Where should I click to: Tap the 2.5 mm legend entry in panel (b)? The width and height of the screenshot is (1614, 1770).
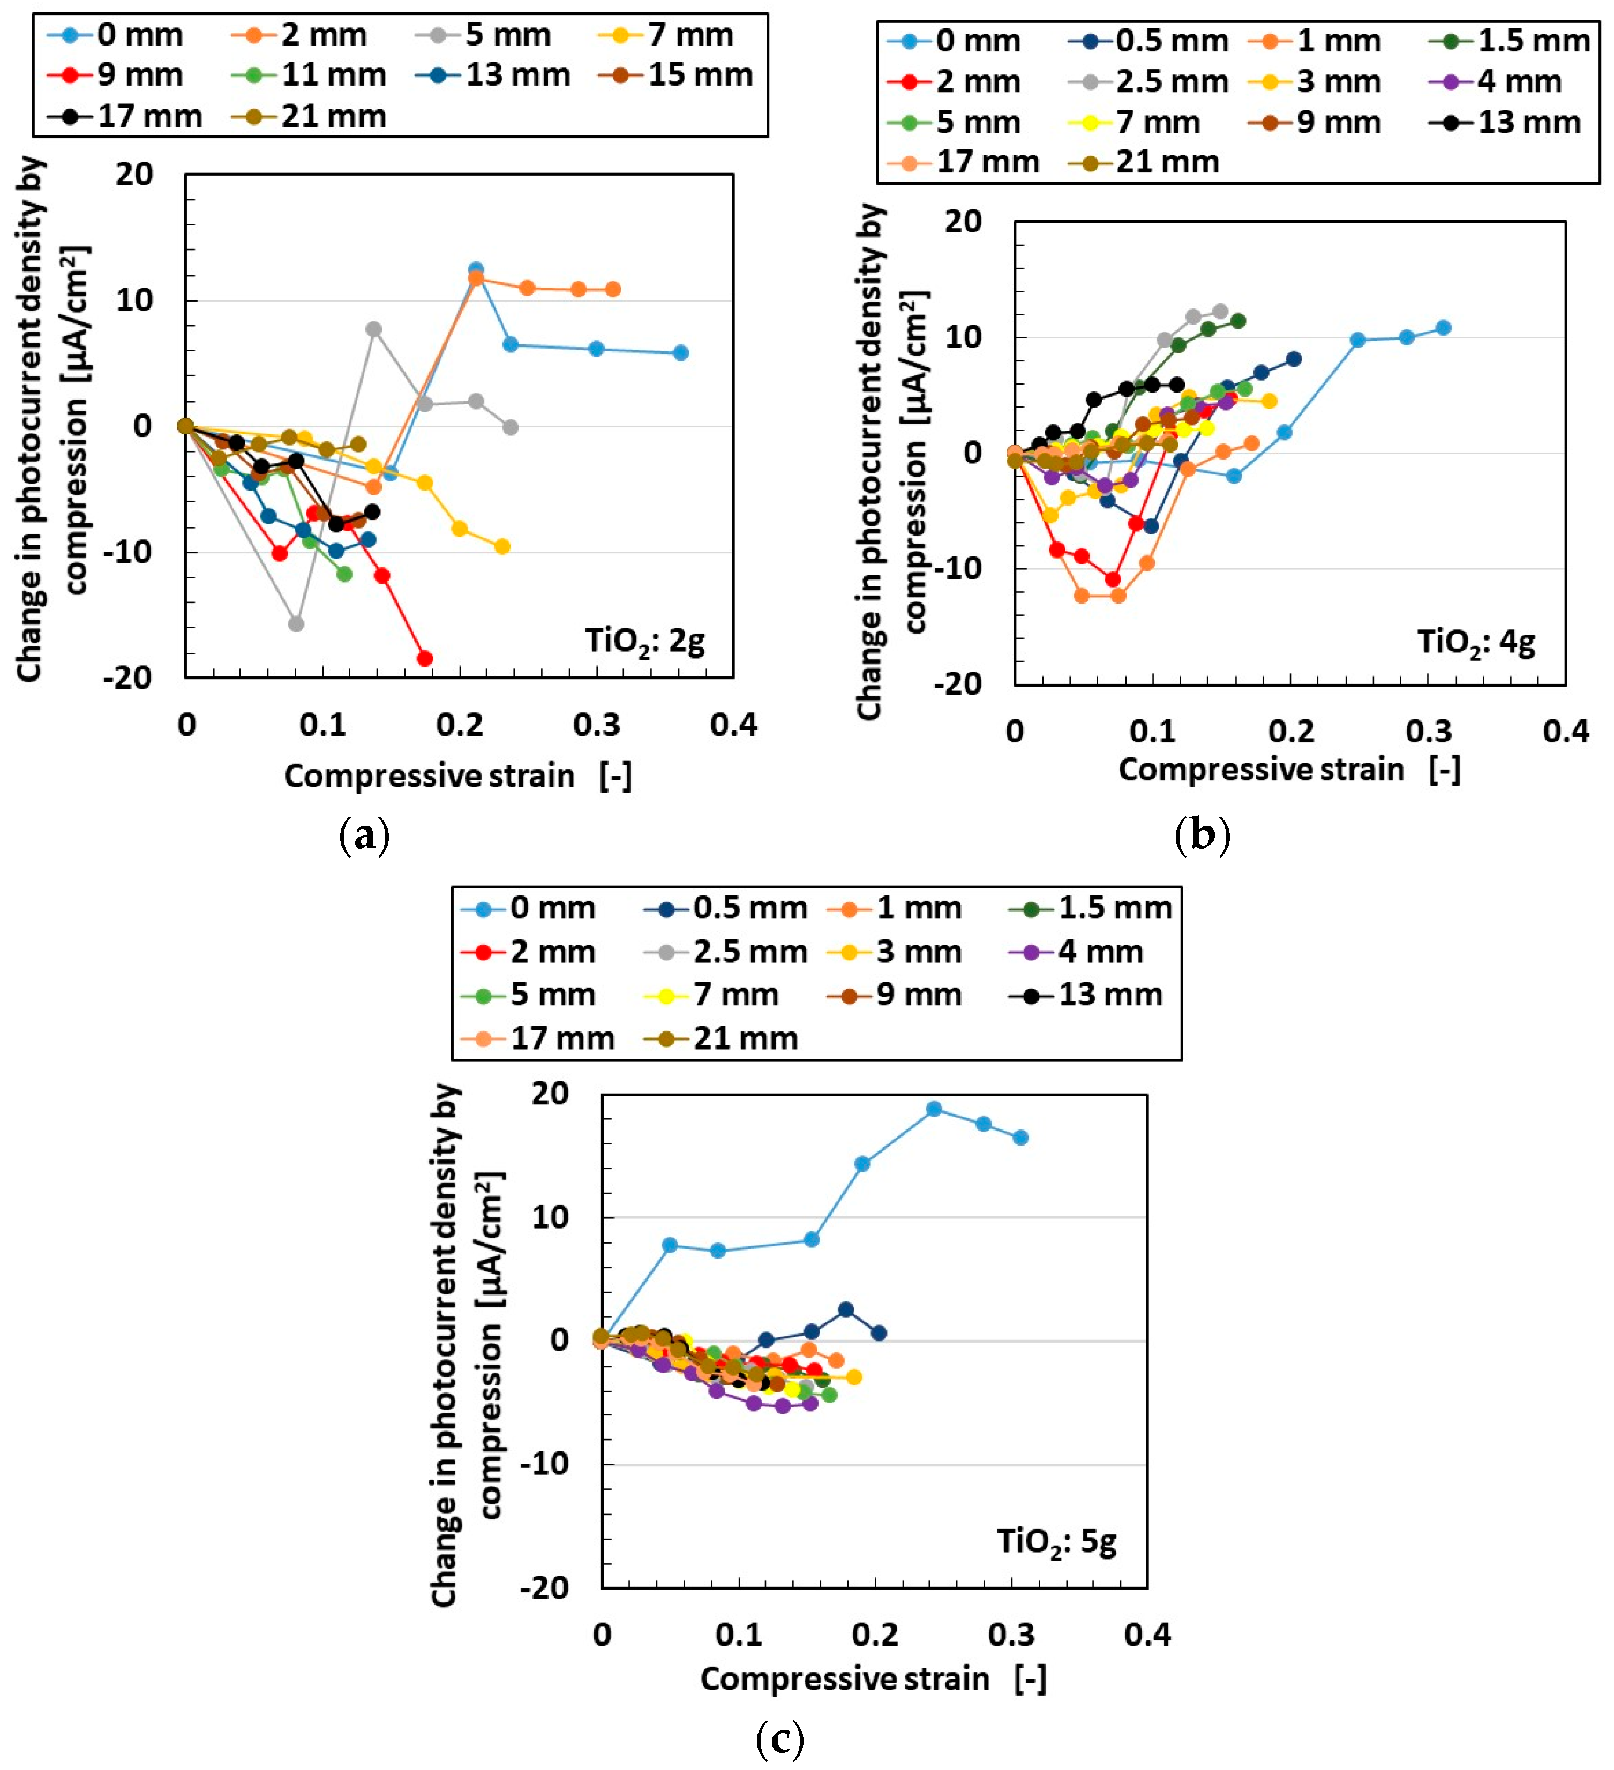point(1148,81)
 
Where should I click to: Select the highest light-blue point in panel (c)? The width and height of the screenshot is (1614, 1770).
point(934,1109)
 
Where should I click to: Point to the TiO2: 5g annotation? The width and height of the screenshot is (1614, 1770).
point(1056,1542)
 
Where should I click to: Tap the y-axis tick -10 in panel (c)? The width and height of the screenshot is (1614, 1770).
point(544,1464)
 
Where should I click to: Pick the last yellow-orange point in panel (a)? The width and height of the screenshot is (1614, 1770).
point(502,547)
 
